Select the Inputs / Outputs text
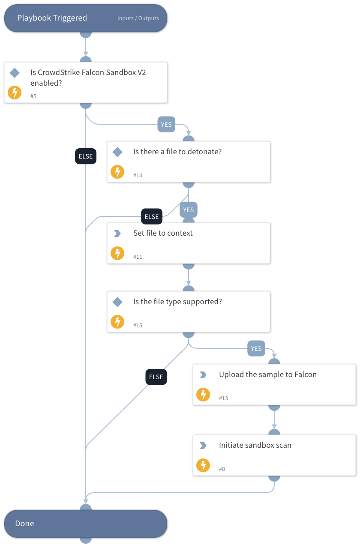click(138, 18)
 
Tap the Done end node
click(85, 524)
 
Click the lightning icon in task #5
click(15, 93)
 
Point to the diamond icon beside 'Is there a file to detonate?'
click(117, 152)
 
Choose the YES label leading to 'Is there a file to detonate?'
click(166, 125)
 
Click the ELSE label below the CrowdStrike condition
click(86, 156)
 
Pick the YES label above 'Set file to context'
click(189, 210)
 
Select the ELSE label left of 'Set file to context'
click(152, 217)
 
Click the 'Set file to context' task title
click(163, 233)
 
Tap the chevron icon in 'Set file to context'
click(117, 234)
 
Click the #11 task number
click(138, 257)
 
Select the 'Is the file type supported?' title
click(177, 302)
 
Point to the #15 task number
click(138, 326)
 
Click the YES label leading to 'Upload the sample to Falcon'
click(256, 349)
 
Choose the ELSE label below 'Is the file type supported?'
click(156, 377)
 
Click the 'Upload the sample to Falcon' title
click(268, 374)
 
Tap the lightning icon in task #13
click(203, 395)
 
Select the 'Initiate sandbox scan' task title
click(255, 445)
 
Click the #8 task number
click(222, 469)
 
